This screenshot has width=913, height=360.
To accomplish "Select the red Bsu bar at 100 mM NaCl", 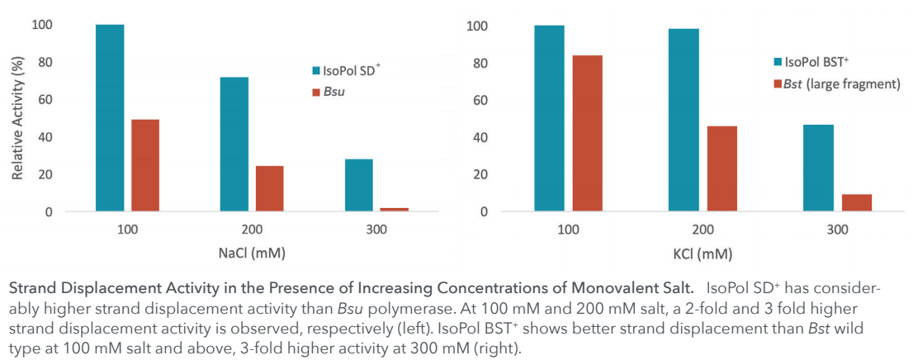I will (x=144, y=165).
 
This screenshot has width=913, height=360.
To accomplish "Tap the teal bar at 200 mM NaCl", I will (x=234, y=144).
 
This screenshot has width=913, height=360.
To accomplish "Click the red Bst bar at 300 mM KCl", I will (x=856, y=202).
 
